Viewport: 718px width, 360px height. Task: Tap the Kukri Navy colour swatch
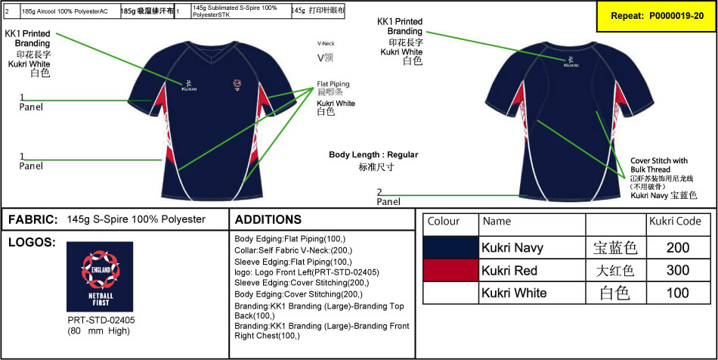451,247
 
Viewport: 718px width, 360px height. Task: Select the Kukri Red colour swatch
451,270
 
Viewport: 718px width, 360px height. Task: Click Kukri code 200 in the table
677,247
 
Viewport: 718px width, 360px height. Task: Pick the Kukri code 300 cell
677,270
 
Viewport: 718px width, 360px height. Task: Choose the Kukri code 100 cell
677,293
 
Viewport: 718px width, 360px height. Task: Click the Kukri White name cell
514,293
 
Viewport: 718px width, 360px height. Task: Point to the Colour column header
444,222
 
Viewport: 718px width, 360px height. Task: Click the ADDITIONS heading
268,219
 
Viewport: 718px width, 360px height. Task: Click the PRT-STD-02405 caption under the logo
100,319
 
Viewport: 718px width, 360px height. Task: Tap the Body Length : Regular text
373,154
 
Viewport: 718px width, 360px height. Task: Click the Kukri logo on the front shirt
188,85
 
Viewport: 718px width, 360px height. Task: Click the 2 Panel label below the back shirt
388,197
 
